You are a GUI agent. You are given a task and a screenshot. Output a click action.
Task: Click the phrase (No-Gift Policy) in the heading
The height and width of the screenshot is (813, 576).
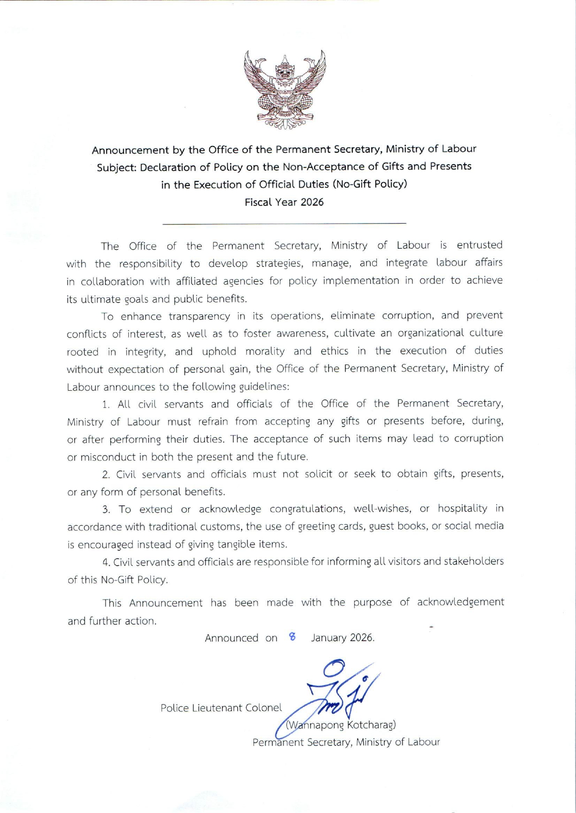(369, 184)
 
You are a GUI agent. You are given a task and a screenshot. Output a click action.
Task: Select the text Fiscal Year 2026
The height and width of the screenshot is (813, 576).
(284, 202)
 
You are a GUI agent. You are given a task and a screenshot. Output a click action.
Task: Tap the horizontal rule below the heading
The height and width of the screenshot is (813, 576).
(284, 224)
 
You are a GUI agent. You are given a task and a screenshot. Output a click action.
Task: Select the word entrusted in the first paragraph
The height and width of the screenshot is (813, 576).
(479, 245)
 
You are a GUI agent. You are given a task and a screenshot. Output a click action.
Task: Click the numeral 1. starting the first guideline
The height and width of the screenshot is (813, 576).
(106, 405)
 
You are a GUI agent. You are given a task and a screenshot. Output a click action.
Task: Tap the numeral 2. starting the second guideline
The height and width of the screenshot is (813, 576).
(106, 475)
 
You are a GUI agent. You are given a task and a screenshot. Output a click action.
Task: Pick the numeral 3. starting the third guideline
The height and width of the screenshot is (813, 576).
(106, 510)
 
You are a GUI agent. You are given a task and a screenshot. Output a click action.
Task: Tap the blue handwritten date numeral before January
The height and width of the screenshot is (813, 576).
(292, 637)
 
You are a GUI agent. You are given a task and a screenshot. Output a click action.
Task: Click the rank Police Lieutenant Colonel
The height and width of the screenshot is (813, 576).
(221, 708)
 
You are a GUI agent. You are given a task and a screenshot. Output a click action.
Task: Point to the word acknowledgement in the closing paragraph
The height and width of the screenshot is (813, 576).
(460, 602)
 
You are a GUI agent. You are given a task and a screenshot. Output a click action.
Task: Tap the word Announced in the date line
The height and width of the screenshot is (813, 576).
(232, 639)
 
